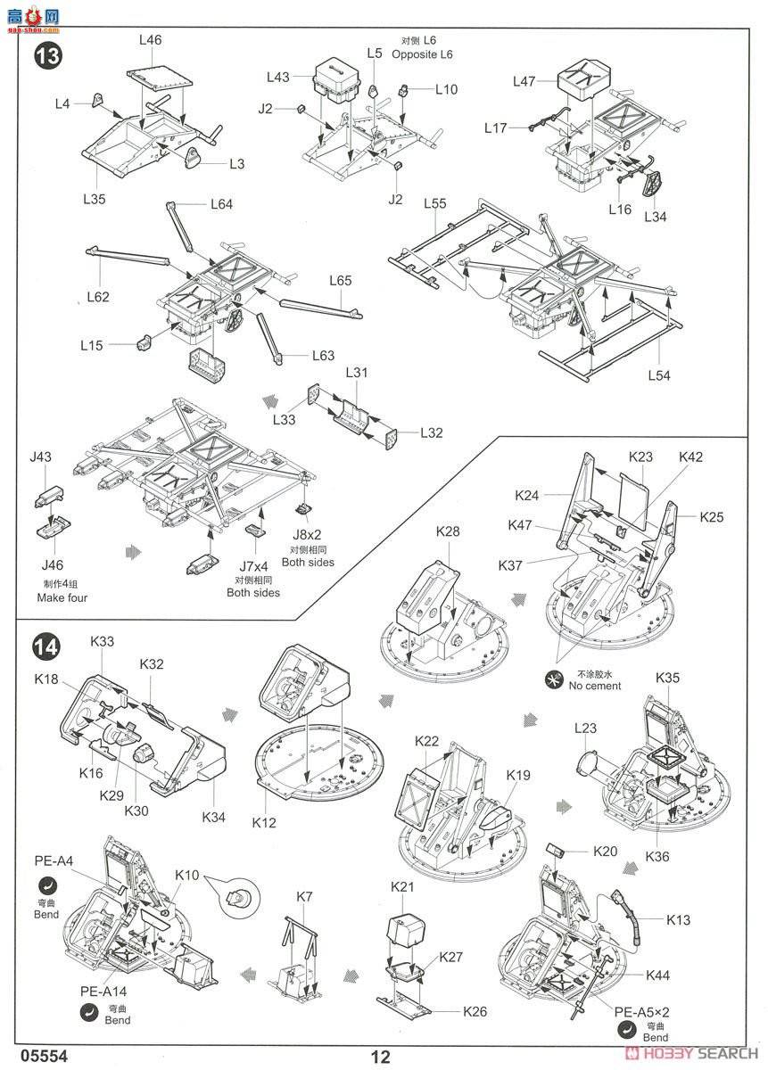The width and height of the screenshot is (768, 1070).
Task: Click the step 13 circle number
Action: [48, 56]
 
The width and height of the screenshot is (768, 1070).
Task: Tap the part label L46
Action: [150, 39]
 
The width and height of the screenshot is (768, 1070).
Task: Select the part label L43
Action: [278, 78]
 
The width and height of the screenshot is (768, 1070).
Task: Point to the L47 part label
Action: [524, 81]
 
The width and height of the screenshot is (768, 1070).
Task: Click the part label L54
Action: [658, 375]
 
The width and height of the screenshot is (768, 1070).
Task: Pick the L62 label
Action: [97, 297]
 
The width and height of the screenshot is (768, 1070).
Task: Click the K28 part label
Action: [448, 531]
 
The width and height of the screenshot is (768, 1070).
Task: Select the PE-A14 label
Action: [103, 990]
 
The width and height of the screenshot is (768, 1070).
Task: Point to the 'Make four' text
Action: [62, 597]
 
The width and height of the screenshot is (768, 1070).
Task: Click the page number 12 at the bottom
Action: [381, 1058]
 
